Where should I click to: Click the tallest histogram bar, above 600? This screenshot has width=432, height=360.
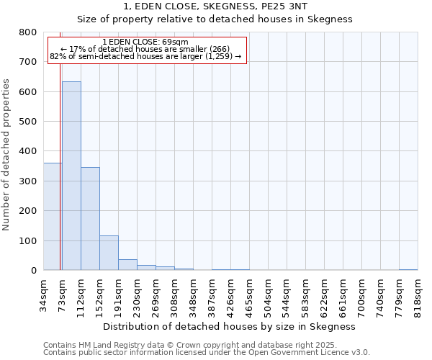pyautogui.click(x=71, y=176)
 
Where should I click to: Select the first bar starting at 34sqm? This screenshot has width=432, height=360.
pyautogui.click(x=52, y=216)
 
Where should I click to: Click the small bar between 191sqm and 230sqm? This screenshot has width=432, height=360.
pyautogui.click(x=127, y=264)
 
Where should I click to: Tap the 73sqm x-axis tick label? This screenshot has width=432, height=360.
pyautogui.click(x=62, y=292)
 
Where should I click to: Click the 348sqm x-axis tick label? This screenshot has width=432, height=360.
pyautogui.click(x=193, y=293)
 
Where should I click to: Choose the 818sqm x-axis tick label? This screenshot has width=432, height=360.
pyautogui.click(x=418, y=293)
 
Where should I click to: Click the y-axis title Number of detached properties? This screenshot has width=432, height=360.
pyautogui.click(x=7, y=151)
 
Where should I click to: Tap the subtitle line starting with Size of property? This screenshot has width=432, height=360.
pyautogui.click(x=215, y=19)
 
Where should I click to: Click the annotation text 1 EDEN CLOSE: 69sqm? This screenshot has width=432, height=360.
pyautogui.click(x=145, y=42)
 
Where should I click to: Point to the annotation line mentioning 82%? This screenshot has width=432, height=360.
pyautogui.click(x=145, y=56)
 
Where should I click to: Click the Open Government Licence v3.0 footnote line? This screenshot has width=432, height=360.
pyautogui.click(x=207, y=353)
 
